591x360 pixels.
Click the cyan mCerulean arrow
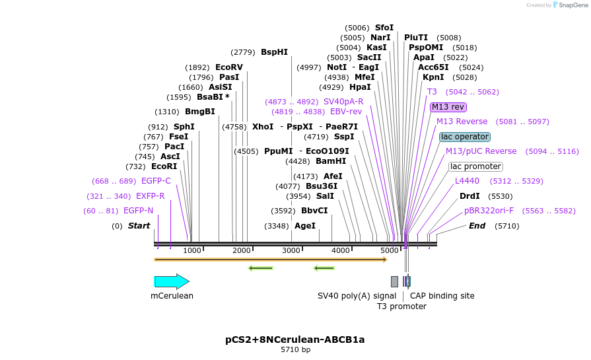coord(171,282)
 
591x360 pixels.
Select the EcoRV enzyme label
coord(229,67)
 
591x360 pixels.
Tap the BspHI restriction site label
coord(274,52)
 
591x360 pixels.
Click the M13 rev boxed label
coord(448,107)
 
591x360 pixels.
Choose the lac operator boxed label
coord(465,137)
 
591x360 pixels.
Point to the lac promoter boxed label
coord(475,166)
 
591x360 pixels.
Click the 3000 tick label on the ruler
coord(291,251)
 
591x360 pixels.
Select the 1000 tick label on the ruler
coord(192,251)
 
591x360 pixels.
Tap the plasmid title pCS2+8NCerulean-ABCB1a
coord(295,340)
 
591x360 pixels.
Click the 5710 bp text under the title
coord(295,350)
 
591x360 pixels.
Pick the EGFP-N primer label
coord(138,211)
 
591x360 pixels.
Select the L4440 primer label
coord(467,181)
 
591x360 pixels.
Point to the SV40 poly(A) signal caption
coord(357,296)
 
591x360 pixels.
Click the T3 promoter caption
coord(401,306)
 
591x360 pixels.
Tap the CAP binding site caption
coord(442,296)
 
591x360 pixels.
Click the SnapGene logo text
coord(572,5)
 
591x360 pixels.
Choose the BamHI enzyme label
coord(331,161)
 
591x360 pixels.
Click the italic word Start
coord(139,226)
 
